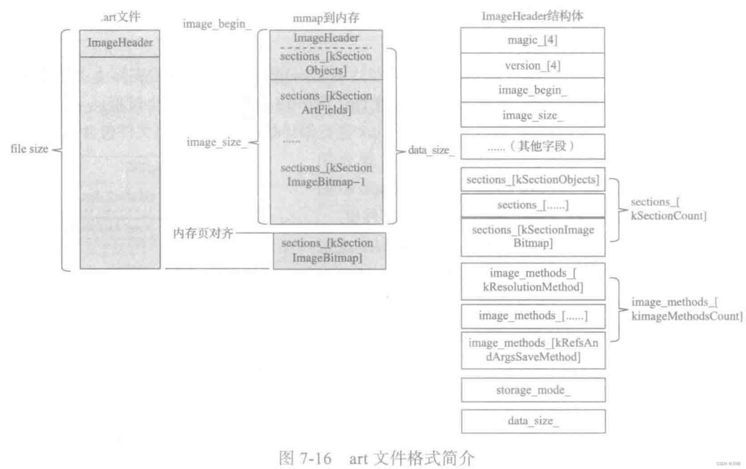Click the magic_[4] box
click(532, 40)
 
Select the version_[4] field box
click(532, 66)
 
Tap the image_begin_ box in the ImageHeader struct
click(532, 90)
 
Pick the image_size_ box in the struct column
click(532, 115)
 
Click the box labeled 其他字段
click(532, 146)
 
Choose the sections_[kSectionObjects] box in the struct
click(532, 180)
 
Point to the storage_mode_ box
click(533, 390)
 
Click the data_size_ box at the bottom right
click(533, 421)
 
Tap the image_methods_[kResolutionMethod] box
click(533, 280)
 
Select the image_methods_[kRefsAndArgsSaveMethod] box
click(533, 350)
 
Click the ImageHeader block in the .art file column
click(120, 43)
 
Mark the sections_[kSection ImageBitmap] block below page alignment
click(329, 251)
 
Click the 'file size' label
click(29, 149)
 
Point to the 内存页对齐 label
click(203, 233)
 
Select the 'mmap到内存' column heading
click(326, 18)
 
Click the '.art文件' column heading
click(121, 17)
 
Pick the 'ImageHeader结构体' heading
click(532, 16)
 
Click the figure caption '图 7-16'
click(305, 458)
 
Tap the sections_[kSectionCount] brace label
click(668, 209)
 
